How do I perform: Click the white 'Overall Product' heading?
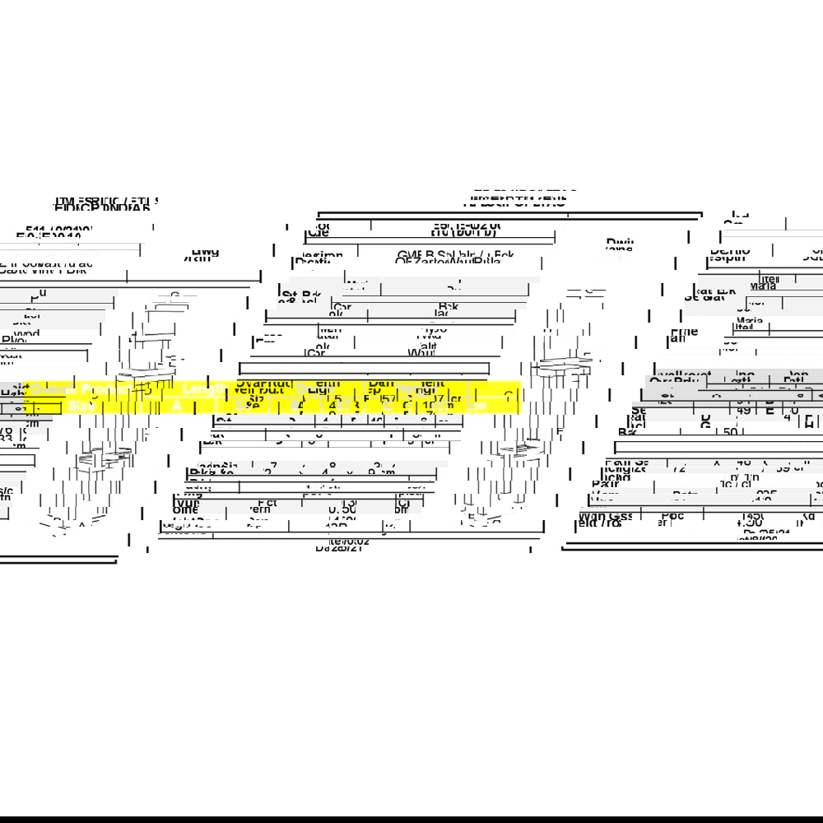(78, 388)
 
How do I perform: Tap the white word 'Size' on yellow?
(81, 407)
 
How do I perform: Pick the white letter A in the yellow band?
(176, 407)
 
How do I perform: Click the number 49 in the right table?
(743, 410)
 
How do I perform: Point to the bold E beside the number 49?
(770, 410)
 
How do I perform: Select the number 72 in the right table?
(680, 468)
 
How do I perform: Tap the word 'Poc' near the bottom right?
(672, 516)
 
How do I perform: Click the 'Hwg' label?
(205, 252)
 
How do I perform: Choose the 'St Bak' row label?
(300, 295)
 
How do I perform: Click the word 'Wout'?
(423, 352)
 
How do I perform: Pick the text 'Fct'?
(267, 502)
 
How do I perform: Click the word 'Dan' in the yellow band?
(381, 383)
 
